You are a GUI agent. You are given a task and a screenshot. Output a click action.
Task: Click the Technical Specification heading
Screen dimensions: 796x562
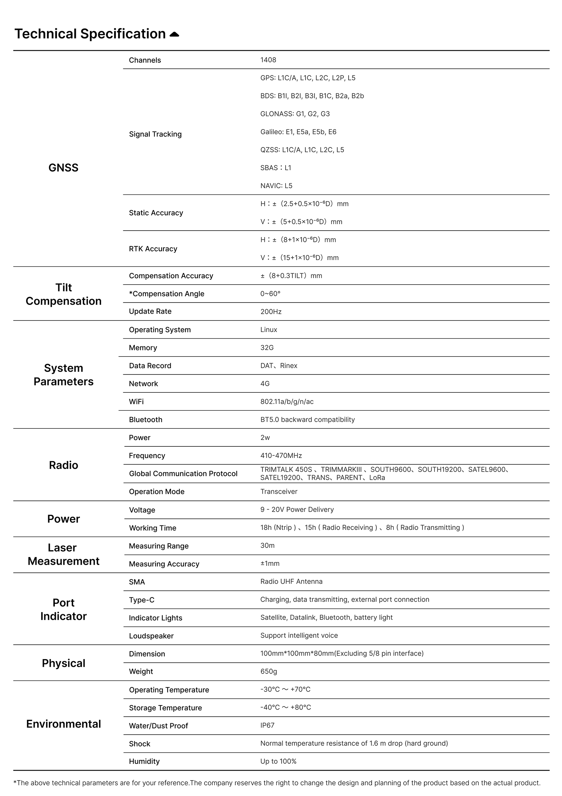(90, 34)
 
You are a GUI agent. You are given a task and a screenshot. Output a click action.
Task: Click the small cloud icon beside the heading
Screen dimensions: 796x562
(174, 34)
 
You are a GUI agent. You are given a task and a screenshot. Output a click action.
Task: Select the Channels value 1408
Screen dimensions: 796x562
(268, 60)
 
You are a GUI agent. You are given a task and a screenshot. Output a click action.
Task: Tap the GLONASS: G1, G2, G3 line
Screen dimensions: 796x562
(295, 114)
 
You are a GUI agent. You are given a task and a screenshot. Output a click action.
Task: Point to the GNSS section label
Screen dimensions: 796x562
(63, 168)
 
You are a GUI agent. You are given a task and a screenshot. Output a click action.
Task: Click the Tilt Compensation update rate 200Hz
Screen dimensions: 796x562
(271, 312)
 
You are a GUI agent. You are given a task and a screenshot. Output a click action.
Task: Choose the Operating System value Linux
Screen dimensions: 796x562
(269, 330)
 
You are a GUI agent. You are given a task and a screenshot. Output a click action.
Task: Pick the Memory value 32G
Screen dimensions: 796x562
(267, 347)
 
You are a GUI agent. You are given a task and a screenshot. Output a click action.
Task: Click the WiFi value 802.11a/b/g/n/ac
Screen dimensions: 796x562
(287, 402)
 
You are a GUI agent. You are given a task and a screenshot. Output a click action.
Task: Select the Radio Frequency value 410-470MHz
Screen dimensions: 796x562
(281, 456)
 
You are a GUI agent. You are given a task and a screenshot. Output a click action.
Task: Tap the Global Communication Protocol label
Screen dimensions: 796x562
(183, 473)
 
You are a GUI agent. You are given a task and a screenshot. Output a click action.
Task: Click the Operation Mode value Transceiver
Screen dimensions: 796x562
(279, 491)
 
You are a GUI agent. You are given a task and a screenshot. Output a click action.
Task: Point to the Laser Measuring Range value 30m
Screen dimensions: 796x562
(267, 545)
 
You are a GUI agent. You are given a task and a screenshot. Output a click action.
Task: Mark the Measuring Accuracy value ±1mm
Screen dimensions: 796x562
(270, 563)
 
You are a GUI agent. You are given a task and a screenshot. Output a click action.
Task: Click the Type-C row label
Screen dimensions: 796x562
(142, 600)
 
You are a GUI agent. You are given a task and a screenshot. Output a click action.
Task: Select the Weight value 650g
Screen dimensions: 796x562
(268, 671)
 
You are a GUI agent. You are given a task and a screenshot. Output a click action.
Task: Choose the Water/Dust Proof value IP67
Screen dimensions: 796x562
(267, 725)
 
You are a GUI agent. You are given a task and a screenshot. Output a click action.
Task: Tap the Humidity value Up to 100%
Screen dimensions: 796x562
(278, 761)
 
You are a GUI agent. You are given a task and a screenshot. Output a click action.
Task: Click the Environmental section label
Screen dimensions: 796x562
(63, 724)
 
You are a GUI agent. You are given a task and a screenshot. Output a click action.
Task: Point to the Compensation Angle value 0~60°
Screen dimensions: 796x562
(270, 294)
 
